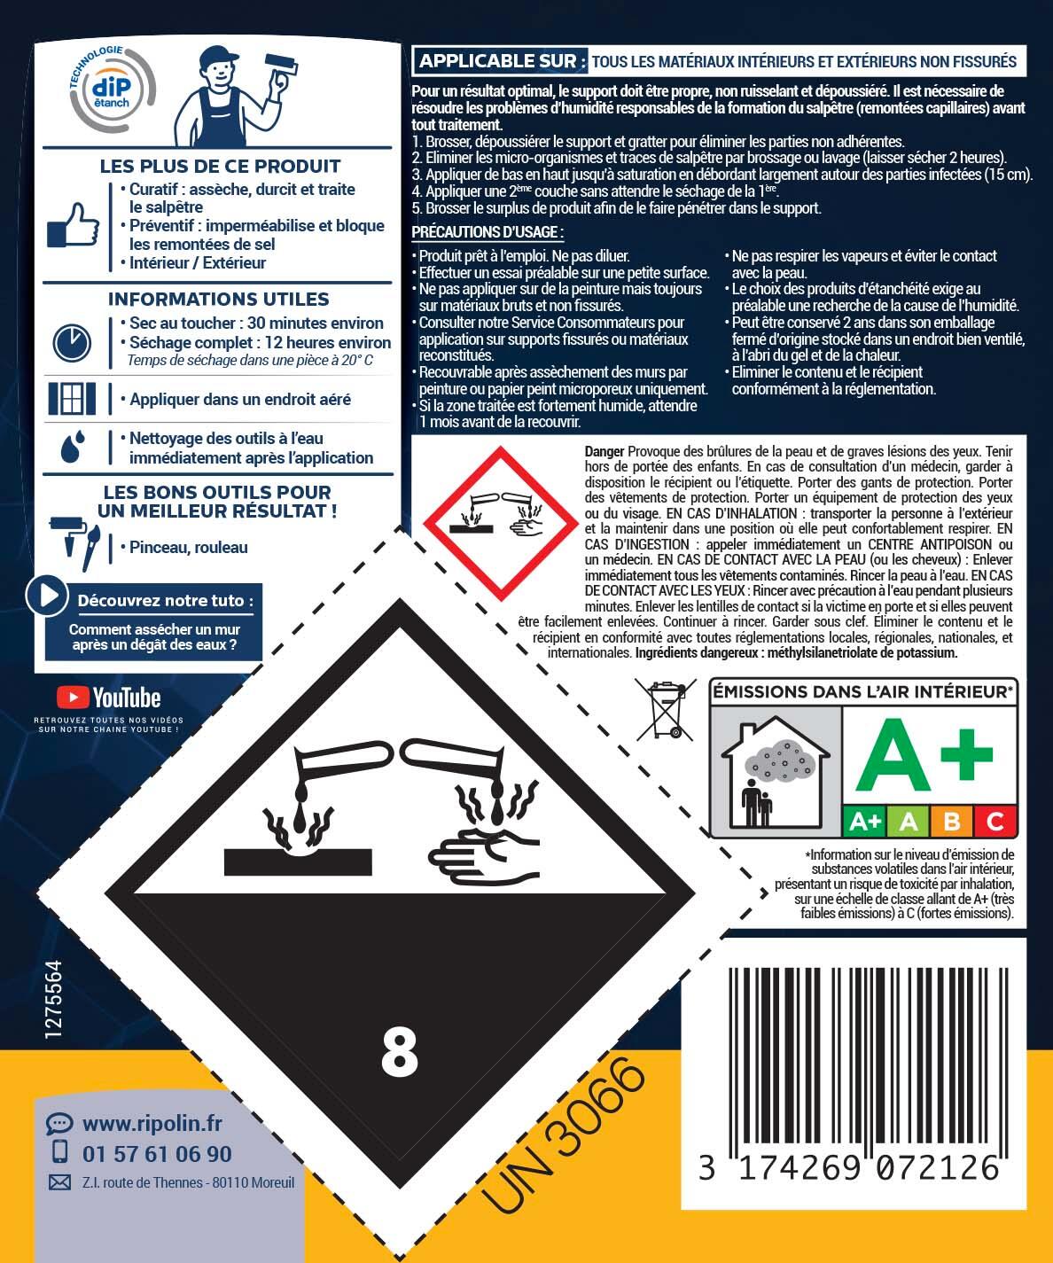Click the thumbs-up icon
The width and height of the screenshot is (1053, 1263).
click(x=74, y=225)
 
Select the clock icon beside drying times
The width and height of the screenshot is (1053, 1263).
click(x=72, y=343)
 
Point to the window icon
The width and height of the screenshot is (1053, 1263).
click(x=72, y=399)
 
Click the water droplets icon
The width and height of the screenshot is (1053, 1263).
click(x=73, y=448)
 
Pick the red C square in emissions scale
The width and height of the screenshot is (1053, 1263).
click(x=994, y=822)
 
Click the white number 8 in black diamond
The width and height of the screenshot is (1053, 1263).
click(x=399, y=1051)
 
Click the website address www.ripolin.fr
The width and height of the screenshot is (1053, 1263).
click(x=152, y=1124)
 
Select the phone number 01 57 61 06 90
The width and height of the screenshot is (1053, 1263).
click(x=157, y=1153)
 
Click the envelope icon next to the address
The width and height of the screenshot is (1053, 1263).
click(x=59, y=1182)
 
